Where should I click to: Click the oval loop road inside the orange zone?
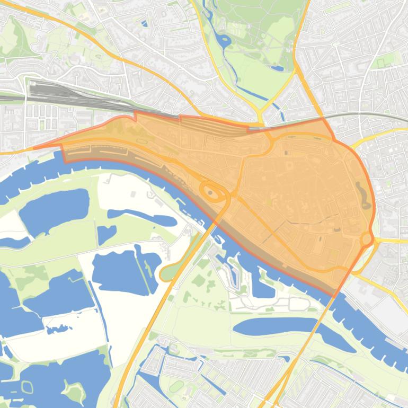coord(212,192)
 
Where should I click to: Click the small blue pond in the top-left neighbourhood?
coord(145,23)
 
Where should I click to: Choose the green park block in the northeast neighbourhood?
coord(380,63)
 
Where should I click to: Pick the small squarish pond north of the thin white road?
coord(105,234)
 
